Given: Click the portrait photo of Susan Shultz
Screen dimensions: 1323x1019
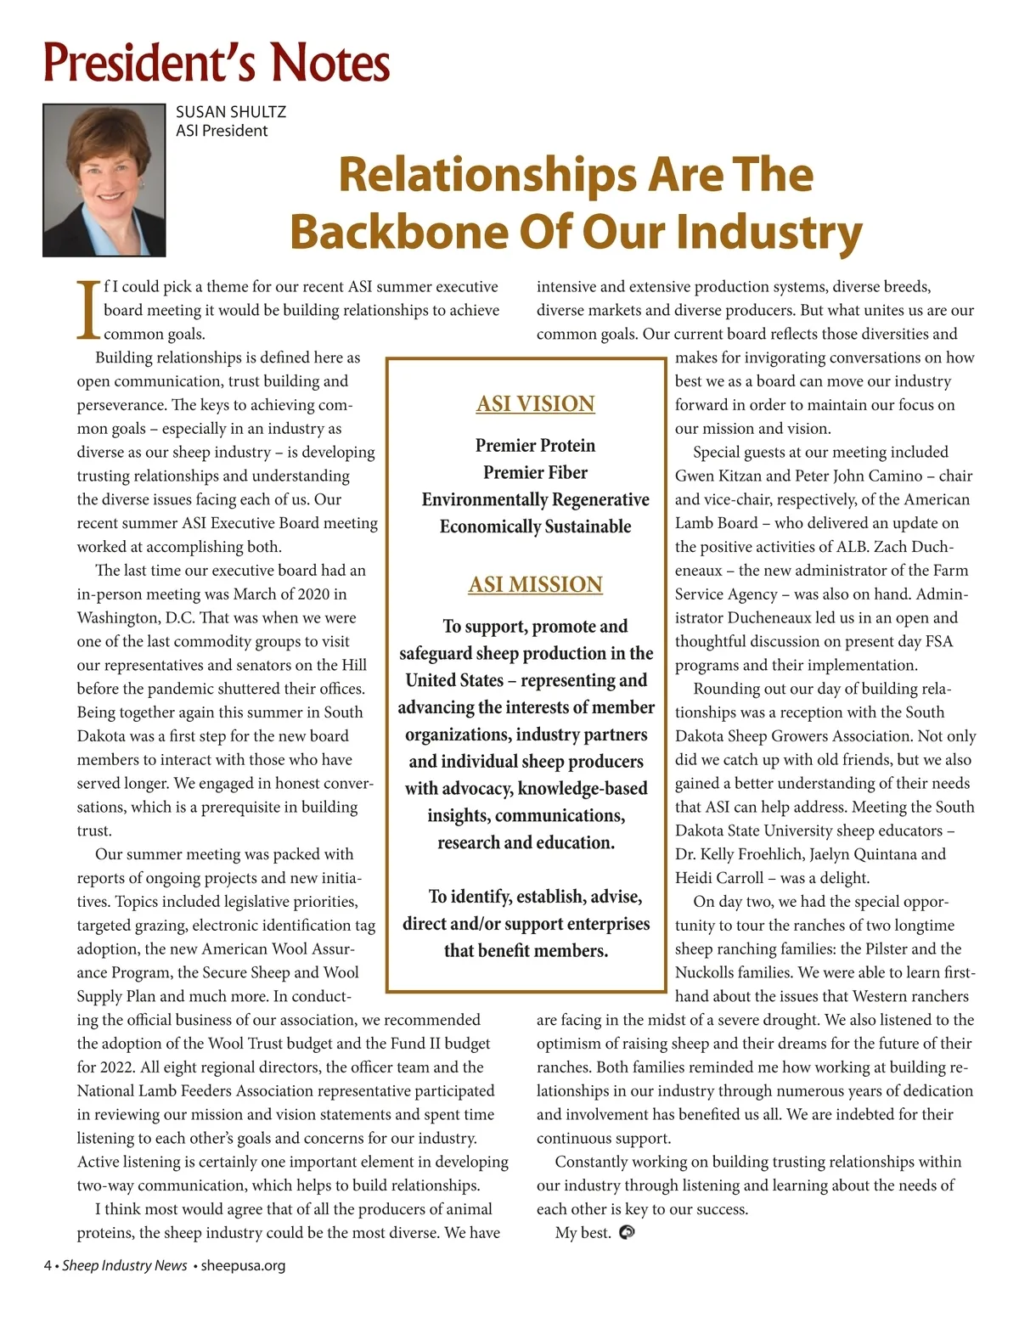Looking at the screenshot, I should [104, 180].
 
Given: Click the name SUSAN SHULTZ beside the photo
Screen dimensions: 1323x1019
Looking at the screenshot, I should [231, 112].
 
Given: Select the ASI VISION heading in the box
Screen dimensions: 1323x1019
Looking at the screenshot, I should [535, 403].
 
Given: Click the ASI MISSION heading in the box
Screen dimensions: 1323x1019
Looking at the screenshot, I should [535, 584].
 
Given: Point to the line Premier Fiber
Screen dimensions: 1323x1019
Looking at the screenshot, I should [535, 472].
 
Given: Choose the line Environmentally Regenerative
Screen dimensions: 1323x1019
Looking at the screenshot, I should [535, 499].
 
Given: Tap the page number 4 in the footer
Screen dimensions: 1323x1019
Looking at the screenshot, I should [48, 1265].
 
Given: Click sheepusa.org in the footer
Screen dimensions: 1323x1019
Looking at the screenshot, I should [243, 1265].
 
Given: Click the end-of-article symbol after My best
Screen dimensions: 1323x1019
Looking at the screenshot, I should [628, 1232].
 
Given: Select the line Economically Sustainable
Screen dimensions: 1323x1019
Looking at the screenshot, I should [535, 526].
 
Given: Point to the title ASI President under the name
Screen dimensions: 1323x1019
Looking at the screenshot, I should [222, 131].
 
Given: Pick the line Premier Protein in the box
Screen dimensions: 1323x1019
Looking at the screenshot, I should [535, 445].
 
